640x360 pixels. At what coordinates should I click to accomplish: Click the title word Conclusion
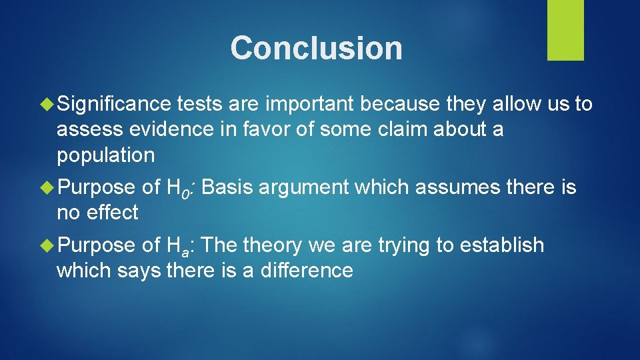click(x=317, y=48)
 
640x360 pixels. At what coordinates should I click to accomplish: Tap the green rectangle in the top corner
click(x=565, y=30)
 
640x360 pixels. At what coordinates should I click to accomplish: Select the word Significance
click(x=113, y=104)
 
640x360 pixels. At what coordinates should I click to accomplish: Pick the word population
click(x=105, y=155)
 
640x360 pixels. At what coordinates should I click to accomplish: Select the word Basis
click(x=226, y=187)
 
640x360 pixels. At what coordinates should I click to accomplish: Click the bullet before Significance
click(x=47, y=104)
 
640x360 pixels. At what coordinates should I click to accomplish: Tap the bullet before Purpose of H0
click(x=47, y=187)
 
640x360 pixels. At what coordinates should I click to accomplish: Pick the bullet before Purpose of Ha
click(x=47, y=245)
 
